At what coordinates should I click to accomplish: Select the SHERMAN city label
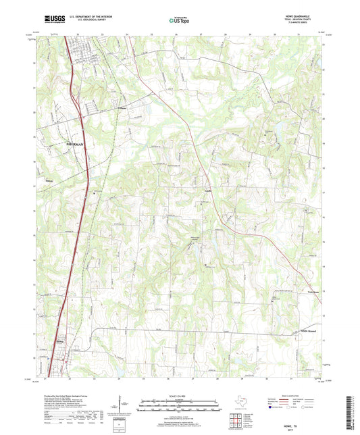pos(77,144)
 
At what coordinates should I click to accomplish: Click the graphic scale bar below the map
pos(180,407)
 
